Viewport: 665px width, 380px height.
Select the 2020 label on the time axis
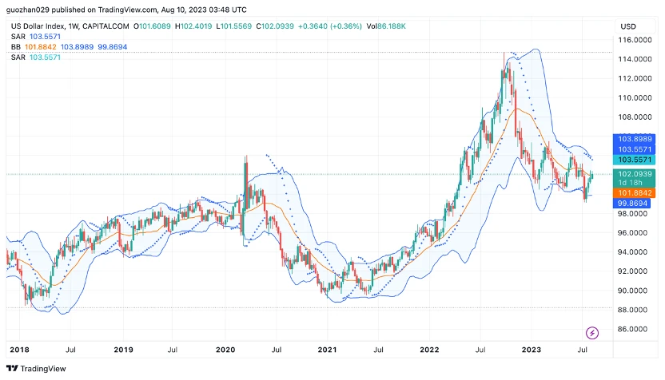point(225,350)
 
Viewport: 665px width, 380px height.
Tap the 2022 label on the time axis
point(430,350)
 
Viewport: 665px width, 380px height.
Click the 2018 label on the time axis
point(19,350)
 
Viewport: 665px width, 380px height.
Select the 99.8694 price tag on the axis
point(634,204)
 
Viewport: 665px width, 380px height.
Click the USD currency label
point(628,26)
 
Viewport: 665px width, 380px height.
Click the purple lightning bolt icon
point(593,332)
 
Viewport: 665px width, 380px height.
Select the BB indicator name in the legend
point(16,47)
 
